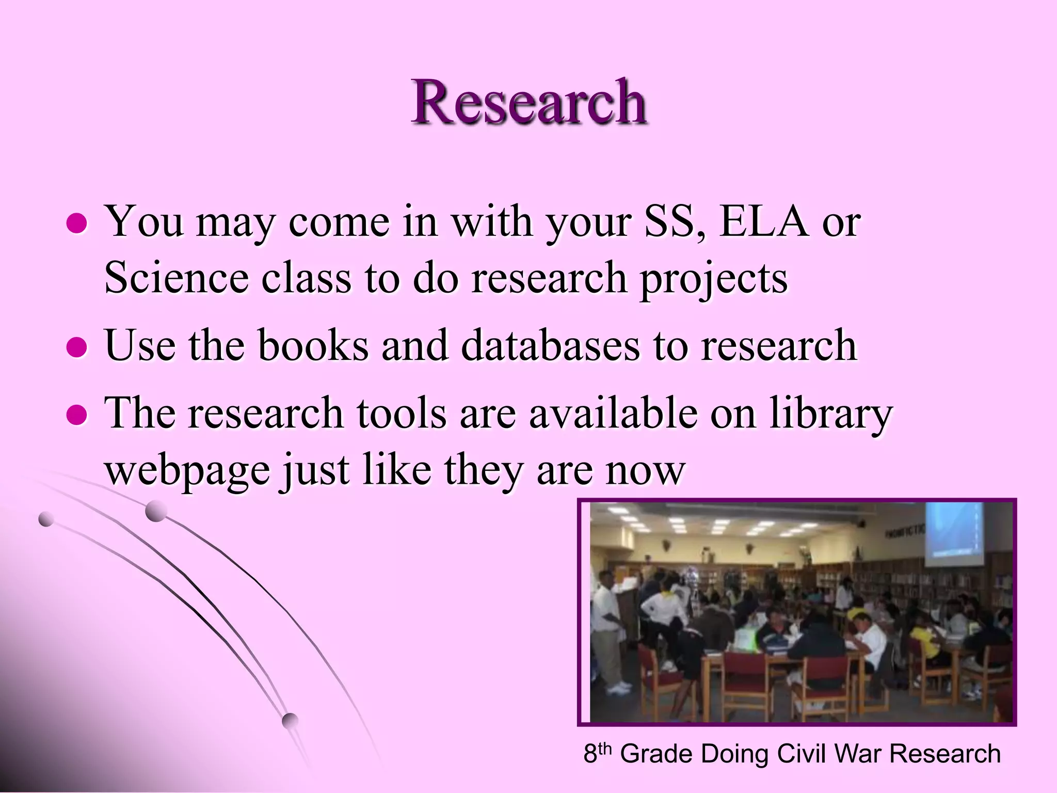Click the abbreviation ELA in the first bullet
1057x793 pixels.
pos(764,222)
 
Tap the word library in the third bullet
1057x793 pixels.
pos(831,414)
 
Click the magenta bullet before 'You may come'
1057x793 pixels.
pos(77,224)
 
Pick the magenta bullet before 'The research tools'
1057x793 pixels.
pos(77,414)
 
